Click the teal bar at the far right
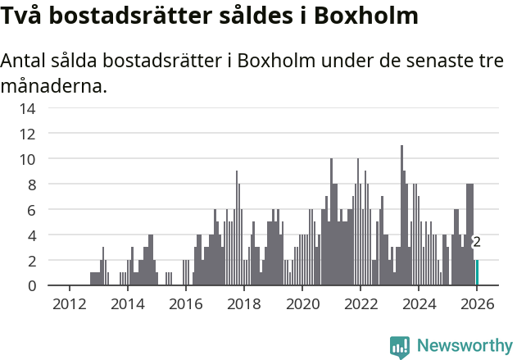(478, 272)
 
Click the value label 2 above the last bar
(476, 242)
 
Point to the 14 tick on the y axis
(28, 108)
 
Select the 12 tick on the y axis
(28, 134)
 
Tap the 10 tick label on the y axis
(28, 159)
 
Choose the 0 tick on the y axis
(32, 285)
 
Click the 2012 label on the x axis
(69, 304)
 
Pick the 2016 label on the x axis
(185, 304)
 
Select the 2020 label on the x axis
(302, 304)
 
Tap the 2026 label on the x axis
(476, 304)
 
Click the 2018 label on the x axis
(243, 304)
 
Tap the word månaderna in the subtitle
(54, 85)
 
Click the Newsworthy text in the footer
(464, 346)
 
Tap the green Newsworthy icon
(400, 347)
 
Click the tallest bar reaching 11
(401, 216)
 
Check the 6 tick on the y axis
(32, 210)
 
